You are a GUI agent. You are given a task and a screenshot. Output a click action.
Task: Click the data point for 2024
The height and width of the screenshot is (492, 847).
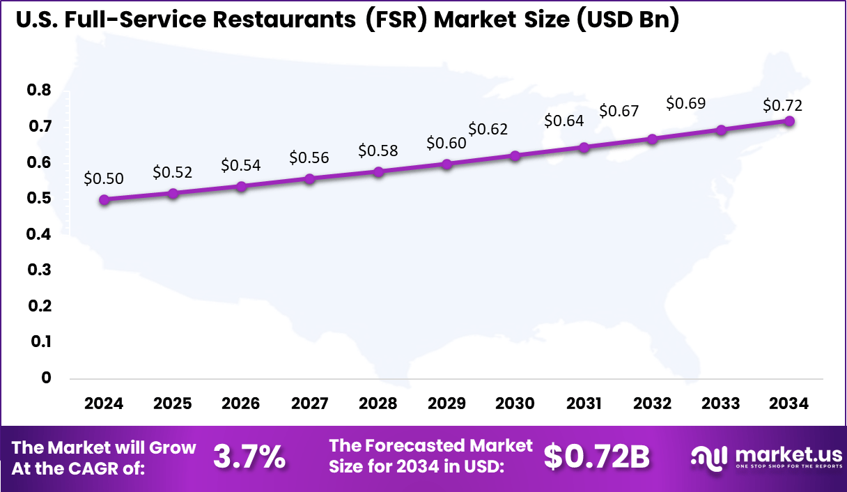tap(104, 199)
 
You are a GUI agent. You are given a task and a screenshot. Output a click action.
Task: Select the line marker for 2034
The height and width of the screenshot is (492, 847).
tap(789, 121)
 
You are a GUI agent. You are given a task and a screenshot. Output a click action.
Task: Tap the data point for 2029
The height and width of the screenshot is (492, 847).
tap(447, 164)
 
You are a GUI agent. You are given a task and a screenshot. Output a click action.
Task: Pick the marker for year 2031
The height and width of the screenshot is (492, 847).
tap(584, 147)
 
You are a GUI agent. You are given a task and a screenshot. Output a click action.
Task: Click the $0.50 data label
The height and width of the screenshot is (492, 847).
tap(103, 178)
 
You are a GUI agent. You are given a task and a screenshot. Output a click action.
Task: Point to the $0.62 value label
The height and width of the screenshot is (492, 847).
tap(488, 129)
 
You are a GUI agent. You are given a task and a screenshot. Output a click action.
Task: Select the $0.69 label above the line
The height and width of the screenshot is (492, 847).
tap(685, 103)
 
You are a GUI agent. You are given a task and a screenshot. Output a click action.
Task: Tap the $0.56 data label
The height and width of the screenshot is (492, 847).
tap(309, 157)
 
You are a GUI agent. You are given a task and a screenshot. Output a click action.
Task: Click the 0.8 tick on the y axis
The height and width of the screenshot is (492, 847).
tap(39, 90)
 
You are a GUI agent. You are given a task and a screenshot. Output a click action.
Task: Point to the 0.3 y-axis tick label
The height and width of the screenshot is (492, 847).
tap(39, 270)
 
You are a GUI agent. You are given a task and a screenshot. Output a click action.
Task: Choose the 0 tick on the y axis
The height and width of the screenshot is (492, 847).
tap(47, 378)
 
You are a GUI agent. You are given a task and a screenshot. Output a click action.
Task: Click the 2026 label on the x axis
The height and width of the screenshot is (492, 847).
tap(241, 404)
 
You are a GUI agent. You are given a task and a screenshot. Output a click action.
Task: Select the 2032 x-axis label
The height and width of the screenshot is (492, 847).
tap(652, 404)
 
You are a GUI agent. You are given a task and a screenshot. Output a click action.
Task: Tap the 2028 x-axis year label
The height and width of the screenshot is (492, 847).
tap(378, 404)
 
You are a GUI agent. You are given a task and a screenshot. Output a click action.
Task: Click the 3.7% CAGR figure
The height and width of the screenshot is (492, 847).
tap(249, 457)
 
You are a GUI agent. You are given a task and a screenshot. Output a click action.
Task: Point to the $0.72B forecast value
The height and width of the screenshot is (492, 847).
tap(596, 456)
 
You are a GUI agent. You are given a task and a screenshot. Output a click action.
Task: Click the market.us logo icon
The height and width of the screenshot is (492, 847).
tap(708, 456)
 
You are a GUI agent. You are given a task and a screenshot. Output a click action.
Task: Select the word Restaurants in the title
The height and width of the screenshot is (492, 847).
tap(291, 20)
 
